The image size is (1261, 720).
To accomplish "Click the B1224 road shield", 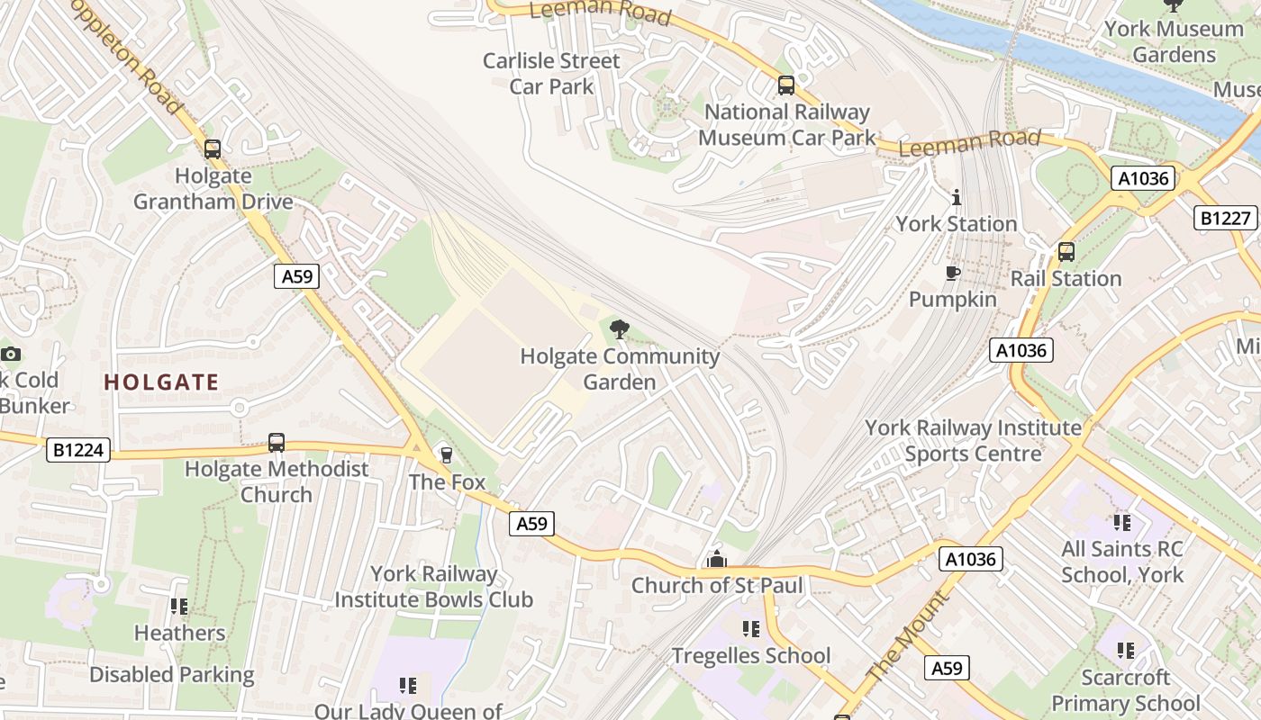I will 77,450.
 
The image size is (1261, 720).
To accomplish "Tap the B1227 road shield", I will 1226,218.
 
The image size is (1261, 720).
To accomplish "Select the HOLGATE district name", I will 161,382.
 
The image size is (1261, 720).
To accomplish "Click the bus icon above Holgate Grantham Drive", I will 213,149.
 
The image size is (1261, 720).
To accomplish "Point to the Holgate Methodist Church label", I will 277,481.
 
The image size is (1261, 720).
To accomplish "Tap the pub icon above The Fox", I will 446,455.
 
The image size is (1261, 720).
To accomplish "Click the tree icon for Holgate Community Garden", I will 620,329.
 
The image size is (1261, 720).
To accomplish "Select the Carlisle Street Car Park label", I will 551,74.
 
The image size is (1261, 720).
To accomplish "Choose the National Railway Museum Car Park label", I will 786,125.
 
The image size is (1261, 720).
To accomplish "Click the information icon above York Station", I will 957,197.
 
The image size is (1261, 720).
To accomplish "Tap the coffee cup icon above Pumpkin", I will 952,273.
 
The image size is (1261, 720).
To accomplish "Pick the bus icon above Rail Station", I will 1066,252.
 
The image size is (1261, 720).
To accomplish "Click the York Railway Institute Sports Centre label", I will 973,440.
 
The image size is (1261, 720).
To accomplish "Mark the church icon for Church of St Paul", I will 717,560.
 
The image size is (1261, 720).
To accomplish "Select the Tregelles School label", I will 751,655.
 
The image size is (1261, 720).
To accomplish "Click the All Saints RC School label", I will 1121,562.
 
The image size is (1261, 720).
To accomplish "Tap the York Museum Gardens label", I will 1174,41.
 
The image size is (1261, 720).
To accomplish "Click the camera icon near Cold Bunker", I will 11,354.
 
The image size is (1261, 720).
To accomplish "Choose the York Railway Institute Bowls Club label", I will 434,587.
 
